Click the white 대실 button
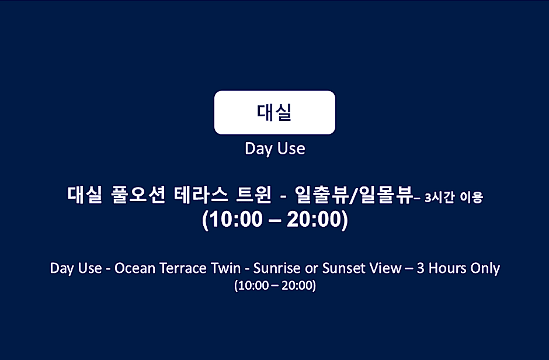pyautogui.click(x=274, y=112)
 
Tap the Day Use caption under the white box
pyautogui.click(x=275, y=148)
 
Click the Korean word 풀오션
pyautogui.click(x=138, y=195)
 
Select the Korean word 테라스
pyautogui.click(x=201, y=195)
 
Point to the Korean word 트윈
pyautogui.click(x=254, y=195)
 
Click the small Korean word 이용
pyautogui.click(x=471, y=198)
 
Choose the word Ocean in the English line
pyautogui.click(x=135, y=268)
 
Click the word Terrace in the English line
pyautogui.click(x=183, y=268)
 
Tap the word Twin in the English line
pyautogui.click(x=226, y=268)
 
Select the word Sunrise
pyautogui.click(x=277, y=268)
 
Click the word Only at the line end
pyautogui.click(x=485, y=269)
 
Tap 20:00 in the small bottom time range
pyautogui.click(x=297, y=285)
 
